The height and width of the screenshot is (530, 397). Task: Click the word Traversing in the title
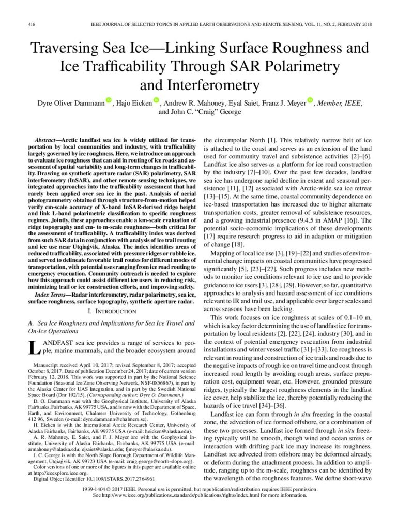click(64, 49)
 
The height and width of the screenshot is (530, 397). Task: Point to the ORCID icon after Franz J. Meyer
click(310, 101)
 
